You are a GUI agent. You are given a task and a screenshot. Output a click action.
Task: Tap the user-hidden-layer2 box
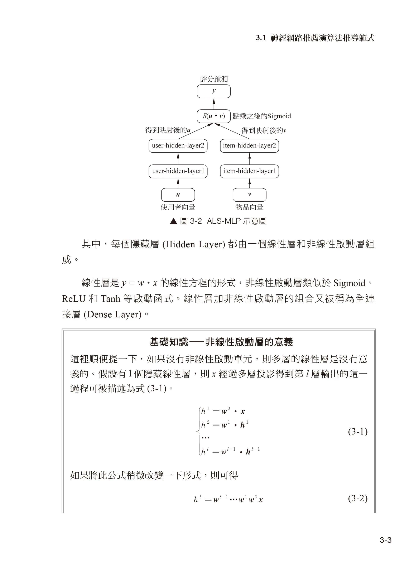tap(178, 146)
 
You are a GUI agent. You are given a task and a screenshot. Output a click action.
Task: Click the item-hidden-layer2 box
tap(249, 146)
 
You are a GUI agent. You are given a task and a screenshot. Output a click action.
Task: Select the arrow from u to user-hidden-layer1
tap(178, 183)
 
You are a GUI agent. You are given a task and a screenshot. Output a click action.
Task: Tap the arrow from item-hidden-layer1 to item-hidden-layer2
tap(250, 158)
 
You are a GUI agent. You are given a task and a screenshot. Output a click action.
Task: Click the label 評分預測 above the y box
tap(214, 79)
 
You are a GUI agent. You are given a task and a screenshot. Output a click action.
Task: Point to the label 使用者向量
tap(178, 207)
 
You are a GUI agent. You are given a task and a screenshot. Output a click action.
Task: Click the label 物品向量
tap(249, 207)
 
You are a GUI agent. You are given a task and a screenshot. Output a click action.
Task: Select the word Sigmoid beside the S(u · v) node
tap(279, 116)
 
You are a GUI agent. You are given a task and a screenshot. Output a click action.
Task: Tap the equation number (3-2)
tap(358, 499)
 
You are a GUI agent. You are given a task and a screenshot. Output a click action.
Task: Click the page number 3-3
tap(386, 540)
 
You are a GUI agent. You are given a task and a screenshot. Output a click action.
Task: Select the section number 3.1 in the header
tap(261, 38)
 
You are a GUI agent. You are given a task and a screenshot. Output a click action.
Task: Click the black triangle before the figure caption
tap(173, 221)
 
